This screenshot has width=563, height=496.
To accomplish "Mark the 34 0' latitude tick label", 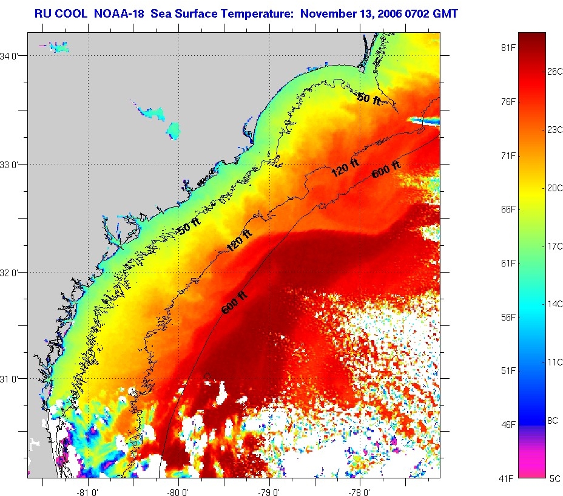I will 13,56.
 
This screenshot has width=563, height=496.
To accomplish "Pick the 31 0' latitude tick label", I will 13,379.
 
